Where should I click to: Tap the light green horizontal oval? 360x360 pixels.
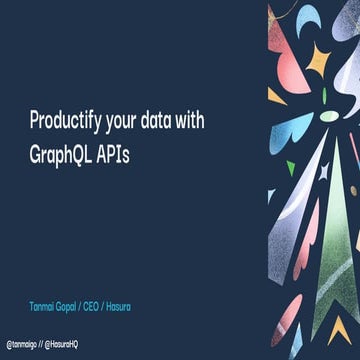329,116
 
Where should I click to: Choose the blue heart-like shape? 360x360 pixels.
297,126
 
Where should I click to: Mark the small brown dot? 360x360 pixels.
353,190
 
